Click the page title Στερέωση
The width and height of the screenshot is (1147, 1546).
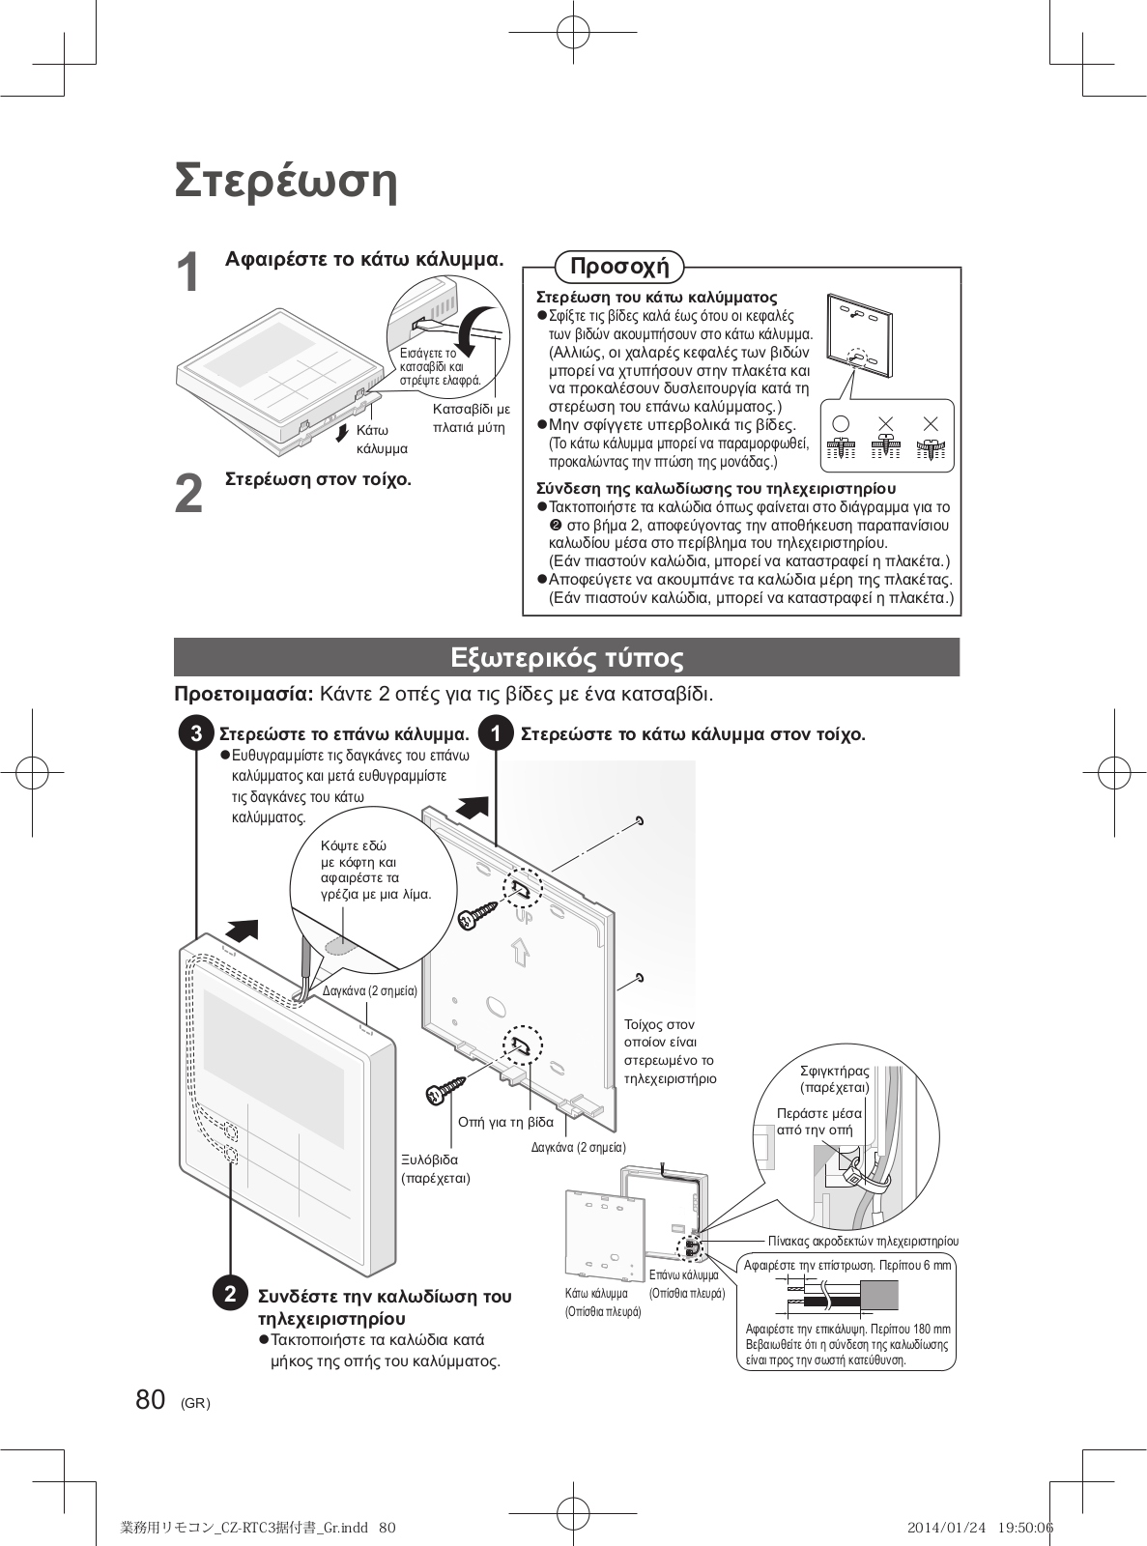tap(286, 181)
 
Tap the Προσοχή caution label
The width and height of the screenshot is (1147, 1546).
tap(619, 266)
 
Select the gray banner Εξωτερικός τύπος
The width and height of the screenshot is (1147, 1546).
tap(566, 658)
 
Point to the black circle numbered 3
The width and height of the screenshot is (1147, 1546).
tap(196, 733)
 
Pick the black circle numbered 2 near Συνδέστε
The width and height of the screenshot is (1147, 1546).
tap(230, 1294)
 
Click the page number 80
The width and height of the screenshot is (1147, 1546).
tap(151, 1400)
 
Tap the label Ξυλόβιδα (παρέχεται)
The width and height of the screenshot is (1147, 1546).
tap(436, 1168)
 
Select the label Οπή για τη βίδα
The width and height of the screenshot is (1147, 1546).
tap(505, 1122)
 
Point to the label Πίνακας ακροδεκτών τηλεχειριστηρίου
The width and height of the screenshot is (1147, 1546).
tap(863, 1241)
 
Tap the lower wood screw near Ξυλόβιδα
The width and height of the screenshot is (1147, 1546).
tap(446, 1089)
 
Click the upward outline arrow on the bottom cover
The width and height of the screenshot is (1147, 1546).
tap(520, 953)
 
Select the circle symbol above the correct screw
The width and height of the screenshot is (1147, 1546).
tap(841, 423)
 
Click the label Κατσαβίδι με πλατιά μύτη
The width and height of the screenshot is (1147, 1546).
tap(471, 418)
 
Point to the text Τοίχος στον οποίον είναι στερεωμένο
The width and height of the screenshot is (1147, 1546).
tap(670, 1050)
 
